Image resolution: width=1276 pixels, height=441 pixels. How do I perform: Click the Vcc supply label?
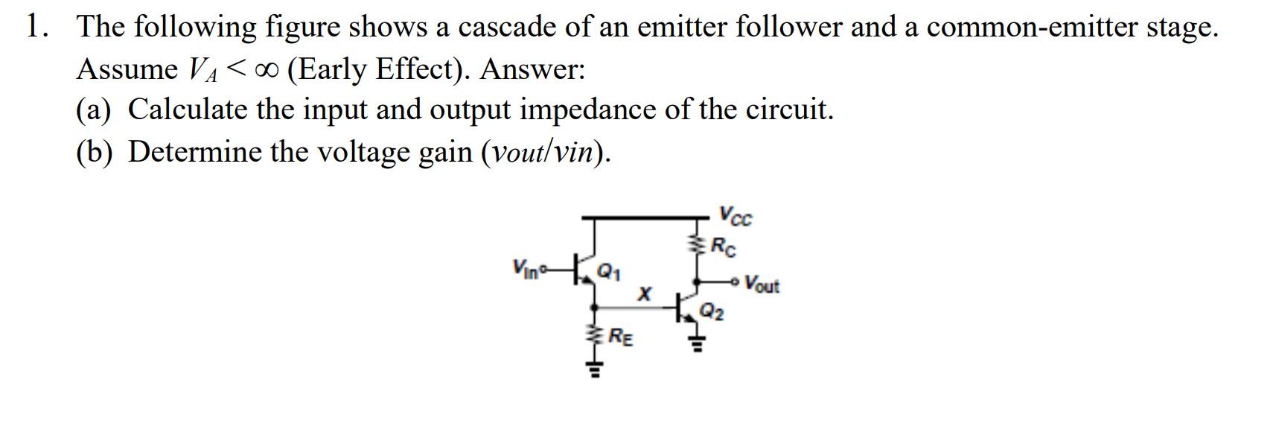point(736,216)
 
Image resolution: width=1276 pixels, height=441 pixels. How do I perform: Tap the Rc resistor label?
point(724,246)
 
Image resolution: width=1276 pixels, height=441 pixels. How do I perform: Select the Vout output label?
point(762,285)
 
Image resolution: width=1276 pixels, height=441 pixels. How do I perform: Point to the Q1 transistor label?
point(609,270)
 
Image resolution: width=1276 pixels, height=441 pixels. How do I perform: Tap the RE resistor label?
point(622,337)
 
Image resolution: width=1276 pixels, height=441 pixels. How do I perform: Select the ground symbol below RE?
point(594,368)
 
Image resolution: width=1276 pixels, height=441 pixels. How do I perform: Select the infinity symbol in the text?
point(266,69)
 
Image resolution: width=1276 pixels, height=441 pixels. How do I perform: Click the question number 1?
point(34,27)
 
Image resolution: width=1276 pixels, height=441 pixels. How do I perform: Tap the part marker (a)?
point(94,110)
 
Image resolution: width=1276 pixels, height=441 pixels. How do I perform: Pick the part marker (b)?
point(94,152)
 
